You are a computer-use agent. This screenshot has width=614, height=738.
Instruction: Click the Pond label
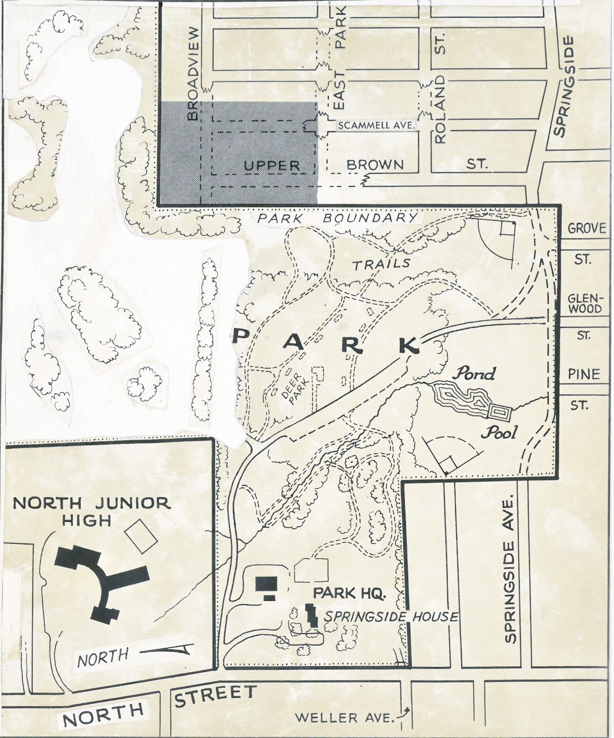tap(475, 373)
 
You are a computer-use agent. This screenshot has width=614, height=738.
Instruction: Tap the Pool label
tap(500, 432)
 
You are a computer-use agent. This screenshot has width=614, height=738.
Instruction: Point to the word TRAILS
tap(381, 264)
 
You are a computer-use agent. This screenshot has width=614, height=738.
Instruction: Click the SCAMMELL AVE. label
tap(376, 125)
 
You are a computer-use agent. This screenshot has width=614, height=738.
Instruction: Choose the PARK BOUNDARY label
tap(338, 218)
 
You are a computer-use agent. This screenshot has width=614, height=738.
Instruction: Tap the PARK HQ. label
tap(349, 593)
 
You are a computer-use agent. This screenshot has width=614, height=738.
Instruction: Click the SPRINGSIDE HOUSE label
tap(391, 616)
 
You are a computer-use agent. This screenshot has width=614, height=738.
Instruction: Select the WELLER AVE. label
tap(345, 717)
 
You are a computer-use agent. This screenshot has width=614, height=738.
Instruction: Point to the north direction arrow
tap(167, 650)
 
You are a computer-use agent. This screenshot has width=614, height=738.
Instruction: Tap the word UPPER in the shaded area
tap(272, 166)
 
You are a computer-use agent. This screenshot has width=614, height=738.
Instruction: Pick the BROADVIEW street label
tap(193, 73)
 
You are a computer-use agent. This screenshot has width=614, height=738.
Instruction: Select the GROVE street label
tap(586, 229)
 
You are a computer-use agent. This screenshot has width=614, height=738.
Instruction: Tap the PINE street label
tap(584, 374)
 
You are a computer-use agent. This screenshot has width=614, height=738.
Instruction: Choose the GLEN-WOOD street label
tap(585, 304)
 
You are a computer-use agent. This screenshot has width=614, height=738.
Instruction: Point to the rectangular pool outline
tap(500, 413)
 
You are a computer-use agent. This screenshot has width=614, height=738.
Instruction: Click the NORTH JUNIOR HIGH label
tap(91, 511)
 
